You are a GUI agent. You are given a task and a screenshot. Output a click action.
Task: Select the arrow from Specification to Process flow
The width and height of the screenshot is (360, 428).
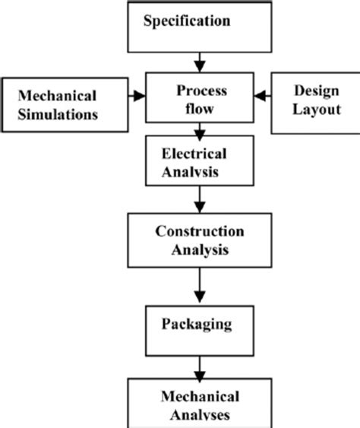pos(199,60)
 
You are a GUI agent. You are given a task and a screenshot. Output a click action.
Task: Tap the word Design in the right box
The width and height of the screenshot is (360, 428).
pos(313,90)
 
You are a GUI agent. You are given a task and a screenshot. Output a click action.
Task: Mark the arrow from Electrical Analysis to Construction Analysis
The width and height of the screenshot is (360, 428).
pos(199,201)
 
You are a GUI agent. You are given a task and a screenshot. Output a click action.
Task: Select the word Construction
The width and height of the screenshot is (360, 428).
pos(199,230)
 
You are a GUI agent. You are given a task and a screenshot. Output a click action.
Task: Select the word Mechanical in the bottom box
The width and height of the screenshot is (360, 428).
pos(199,397)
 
